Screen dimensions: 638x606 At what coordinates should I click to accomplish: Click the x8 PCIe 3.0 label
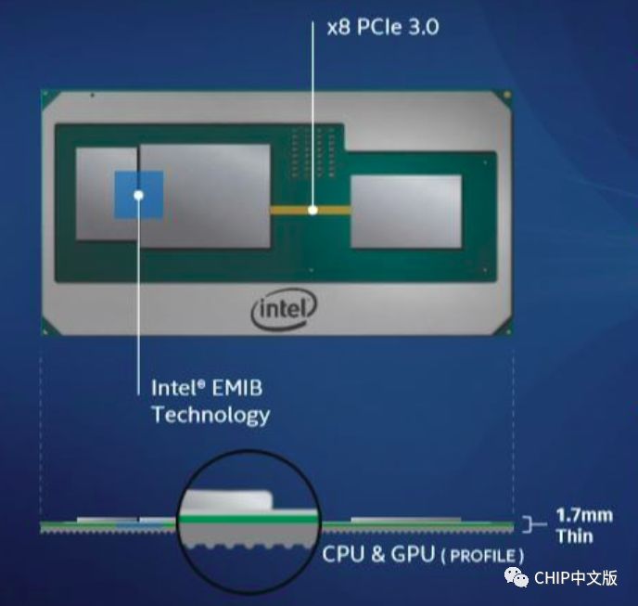pyautogui.click(x=383, y=27)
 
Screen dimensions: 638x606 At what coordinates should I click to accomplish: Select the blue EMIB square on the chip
pyautogui.click(x=139, y=195)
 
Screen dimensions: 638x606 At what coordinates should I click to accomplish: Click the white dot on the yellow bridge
pyautogui.click(x=313, y=210)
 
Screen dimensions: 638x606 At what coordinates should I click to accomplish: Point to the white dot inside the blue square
pyautogui.click(x=139, y=195)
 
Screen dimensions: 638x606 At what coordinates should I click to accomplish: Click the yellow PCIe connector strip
pyautogui.click(x=311, y=210)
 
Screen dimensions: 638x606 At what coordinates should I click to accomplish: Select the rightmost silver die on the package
pyautogui.click(x=406, y=211)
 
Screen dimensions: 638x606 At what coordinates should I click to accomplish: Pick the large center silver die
pyautogui.click(x=205, y=196)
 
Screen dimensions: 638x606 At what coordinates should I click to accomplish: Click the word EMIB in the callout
pyautogui.click(x=237, y=388)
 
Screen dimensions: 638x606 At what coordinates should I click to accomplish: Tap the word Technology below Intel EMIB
pyautogui.click(x=211, y=415)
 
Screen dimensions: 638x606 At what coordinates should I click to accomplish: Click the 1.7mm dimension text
pyautogui.click(x=584, y=515)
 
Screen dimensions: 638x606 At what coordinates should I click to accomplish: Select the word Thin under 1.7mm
pyautogui.click(x=575, y=536)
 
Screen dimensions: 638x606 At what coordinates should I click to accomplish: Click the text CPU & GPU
pyautogui.click(x=378, y=554)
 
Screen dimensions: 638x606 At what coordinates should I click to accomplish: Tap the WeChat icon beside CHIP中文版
pyautogui.click(x=517, y=577)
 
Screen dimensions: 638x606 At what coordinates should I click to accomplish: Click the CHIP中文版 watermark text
pyautogui.click(x=576, y=578)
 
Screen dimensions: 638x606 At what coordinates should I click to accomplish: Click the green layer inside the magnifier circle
pyautogui.click(x=249, y=519)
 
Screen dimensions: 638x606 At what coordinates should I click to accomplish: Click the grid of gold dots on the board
pyautogui.click(x=313, y=152)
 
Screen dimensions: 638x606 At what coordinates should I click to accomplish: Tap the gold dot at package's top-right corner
pyautogui.click(x=506, y=96)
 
